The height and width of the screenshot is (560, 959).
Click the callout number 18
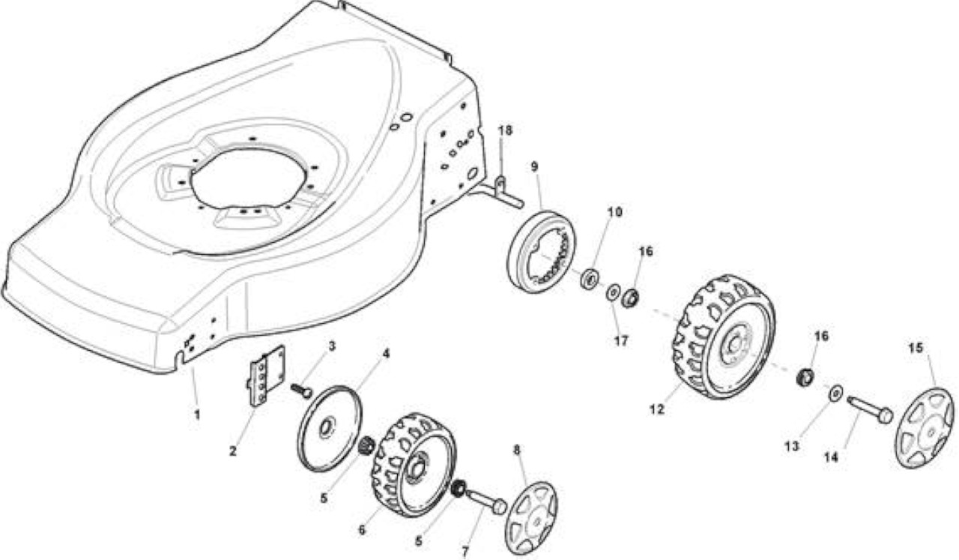[505, 130]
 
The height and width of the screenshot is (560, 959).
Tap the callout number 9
[534, 166]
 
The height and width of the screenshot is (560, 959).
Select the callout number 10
[615, 211]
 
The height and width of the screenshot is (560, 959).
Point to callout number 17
[621, 341]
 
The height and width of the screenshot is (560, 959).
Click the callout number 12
[657, 409]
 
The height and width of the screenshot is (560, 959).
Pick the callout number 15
[916, 348]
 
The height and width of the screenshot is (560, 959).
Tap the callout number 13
[792, 446]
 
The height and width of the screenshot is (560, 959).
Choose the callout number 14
[831, 457]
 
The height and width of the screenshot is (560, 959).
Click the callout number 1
[197, 415]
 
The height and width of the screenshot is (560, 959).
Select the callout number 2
[232, 451]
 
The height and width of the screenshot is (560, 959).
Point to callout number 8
[517, 450]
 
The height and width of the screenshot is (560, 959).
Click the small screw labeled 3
[301, 391]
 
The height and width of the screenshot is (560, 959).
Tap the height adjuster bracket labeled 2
[267, 376]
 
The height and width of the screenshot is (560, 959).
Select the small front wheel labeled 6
[414, 465]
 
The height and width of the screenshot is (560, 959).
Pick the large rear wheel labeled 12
[724, 337]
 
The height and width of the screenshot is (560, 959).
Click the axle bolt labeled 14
[870, 409]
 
